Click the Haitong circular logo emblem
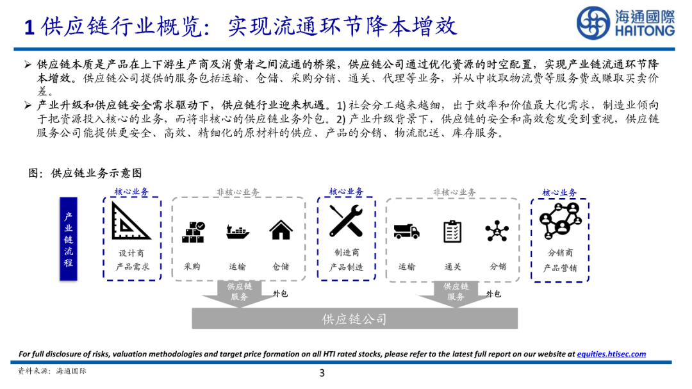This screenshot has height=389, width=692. click(x=593, y=23)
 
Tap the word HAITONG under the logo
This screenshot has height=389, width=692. click(x=645, y=31)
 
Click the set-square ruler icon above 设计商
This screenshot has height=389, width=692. click(x=131, y=221)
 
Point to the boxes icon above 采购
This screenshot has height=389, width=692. click(x=193, y=231)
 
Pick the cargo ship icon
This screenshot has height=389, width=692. click(x=237, y=231)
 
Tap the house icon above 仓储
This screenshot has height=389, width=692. click(x=281, y=230)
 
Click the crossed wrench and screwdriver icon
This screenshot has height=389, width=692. click(x=346, y=221)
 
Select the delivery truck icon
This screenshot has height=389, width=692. click(x=407, y=231)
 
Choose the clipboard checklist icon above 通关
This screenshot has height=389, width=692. click(x=453, y=231)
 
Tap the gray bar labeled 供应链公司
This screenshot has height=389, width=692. click(x=354, y=319)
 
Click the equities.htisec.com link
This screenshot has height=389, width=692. click(x=611, y=354)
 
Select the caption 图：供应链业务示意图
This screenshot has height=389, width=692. click(x=85, y=173)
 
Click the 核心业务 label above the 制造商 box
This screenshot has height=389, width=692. click(x=346, y=192)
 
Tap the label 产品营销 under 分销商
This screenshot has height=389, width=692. click(x=560, y=269)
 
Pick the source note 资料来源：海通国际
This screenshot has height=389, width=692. click(x=52, y=371)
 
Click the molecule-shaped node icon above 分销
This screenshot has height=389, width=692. click(x=497, y=231)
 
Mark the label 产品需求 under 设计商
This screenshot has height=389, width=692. click(x=132, y=267)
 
